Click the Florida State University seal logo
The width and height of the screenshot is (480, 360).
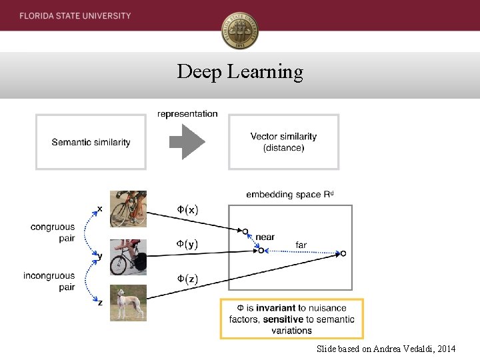[x=240, y=31]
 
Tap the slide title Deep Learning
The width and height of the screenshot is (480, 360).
[x=240, y=71]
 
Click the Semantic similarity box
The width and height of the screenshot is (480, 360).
[x=91, y=142]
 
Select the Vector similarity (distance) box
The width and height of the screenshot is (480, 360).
[x=283, y=142]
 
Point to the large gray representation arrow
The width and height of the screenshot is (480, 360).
[x=187, y=142]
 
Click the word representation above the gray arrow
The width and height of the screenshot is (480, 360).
[x=187, y=114]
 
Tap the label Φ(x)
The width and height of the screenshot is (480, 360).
[x=187, y=210]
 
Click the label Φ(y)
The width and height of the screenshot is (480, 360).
[x=187, y=244]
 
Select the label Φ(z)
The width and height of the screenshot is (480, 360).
[x=187, y=279]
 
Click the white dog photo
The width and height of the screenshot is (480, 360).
[x=128, y=303]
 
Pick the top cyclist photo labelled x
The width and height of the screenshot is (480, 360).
[x=128, y=208]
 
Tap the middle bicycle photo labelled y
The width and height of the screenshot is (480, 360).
[x=128, y=257]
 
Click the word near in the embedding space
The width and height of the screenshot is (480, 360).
[x=265, y=237]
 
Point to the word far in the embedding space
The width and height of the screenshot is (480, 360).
[x=301, y=245]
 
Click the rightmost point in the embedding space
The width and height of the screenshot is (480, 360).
[x=343, y=253]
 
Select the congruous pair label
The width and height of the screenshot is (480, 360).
[x=53, y=233]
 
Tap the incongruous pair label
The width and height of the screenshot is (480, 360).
[x=49, y=281]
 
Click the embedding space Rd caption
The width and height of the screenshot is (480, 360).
[x=289, y=195]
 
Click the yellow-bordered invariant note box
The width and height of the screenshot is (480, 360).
[x=292, y=319]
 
